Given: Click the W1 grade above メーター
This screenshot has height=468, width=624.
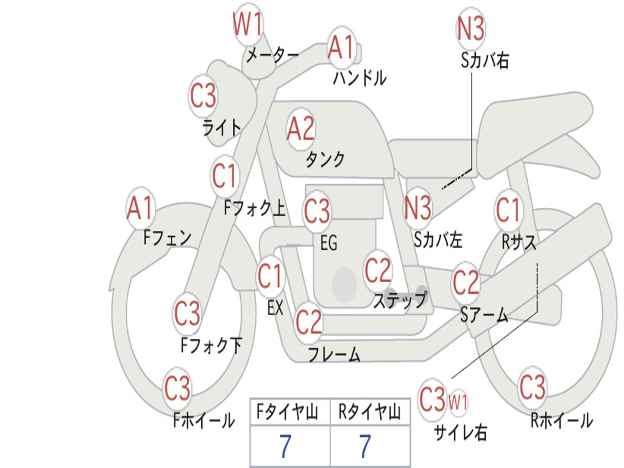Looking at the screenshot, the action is tap(247, 24).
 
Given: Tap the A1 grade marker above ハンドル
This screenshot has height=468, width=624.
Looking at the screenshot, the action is tap(341, 47).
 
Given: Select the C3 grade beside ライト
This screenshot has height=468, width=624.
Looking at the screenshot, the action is tap(203, 96).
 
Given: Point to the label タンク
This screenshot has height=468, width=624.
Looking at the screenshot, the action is tap(325, 159).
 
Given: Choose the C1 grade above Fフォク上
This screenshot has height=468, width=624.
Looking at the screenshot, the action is tap(225, 176).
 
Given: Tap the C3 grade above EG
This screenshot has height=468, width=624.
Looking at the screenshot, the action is tap(317, 210).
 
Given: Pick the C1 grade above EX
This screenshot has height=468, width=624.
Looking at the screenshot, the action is tap(271, 276).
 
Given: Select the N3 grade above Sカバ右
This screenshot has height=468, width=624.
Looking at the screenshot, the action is tap(470, 28).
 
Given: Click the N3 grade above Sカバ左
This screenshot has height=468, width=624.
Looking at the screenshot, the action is tap(417, 208).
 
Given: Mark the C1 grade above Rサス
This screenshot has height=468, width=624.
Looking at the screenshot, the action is tap(508, 210).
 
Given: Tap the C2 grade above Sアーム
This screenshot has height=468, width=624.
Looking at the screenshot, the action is tap(466, 283).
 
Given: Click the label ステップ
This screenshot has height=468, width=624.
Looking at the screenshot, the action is tap(400, 300).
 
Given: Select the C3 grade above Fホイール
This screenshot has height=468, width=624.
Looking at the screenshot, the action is tap(177, 388).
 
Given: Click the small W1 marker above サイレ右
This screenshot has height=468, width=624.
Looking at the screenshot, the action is tap(458, 402).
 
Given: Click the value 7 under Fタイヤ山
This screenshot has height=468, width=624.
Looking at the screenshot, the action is tap(285, 446).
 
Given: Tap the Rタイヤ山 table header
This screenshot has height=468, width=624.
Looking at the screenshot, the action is tap(370, 412).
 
